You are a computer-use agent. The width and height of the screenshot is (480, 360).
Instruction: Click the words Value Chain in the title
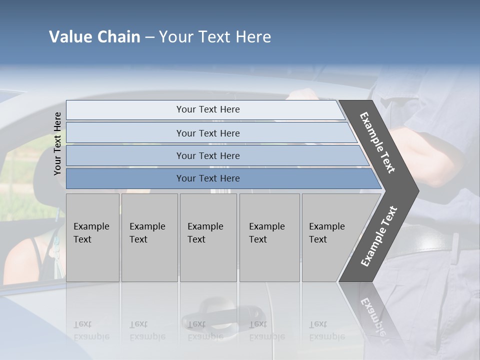pyautogui.click(x=94, y=37)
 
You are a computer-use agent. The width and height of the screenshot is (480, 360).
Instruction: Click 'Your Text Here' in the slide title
pyautogui.click(x=215, y=37)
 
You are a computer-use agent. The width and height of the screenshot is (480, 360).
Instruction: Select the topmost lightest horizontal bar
pyautogui.click(x=125, y=109)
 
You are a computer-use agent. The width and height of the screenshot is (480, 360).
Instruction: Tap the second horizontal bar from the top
pyautogui.click(x=125, y=133)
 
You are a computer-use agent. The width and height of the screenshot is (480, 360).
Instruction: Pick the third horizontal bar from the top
pyautogui.click(x=125, y=155)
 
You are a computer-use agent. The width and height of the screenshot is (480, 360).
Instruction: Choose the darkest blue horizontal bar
pyautogui.click(x=125, y=178)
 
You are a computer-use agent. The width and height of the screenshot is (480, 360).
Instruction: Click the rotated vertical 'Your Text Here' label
pyautogui.click(x=57, y=143)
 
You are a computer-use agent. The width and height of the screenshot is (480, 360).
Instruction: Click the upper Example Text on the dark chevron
pyautogui.click(x=377, y=142)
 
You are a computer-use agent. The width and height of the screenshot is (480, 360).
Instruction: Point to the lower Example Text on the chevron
pyautogui.click(x=379, y=236)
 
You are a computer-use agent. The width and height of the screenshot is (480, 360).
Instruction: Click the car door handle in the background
pyautogui.click(x=222, y=312)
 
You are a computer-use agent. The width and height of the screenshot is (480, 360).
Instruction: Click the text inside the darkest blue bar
pyautogui.click(x=208, y=178)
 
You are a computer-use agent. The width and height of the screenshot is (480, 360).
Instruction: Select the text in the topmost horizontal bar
pyautogui.click(x=208, y=109)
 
